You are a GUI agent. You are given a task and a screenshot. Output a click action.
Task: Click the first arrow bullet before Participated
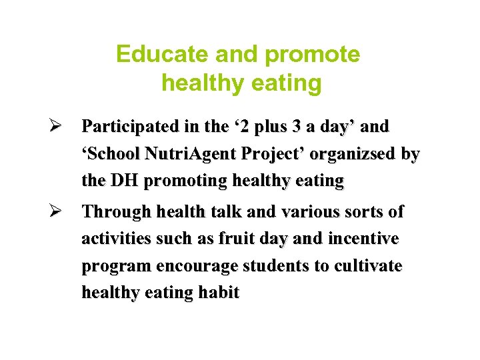click(x=57, y=126)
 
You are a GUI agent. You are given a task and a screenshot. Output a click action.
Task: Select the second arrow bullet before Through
click(x=57, y=212)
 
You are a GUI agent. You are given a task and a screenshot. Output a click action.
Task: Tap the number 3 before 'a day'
click(x=298, y=126)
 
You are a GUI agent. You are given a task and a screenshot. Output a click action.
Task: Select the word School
click(x=111, y=154)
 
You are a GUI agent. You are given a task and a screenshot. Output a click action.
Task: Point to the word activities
click(x=116, y=239)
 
